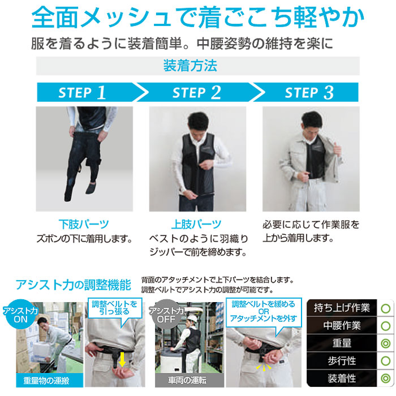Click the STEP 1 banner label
(82, 93)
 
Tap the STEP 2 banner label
(197, 93)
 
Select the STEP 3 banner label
(309, 93)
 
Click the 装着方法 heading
(190, 66)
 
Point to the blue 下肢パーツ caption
(84, 224)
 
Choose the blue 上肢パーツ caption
(196, 224)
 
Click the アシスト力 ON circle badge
(20, 315)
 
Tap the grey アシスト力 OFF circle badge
(166, 315)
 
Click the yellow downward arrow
(122, 360)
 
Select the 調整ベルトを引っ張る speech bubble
(115, 309)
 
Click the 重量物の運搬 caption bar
(50, 380)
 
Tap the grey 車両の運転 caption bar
(190, 380)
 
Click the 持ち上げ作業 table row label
(342, 308)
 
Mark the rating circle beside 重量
(386, 343)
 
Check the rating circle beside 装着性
(386, 378)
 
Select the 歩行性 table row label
(342, 361)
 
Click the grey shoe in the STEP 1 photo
(91, 188)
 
